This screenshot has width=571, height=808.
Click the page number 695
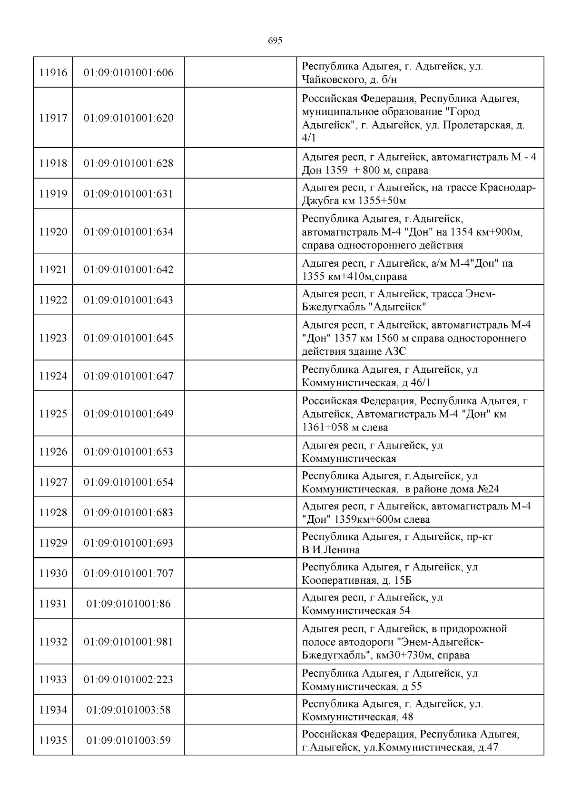coord(275,41)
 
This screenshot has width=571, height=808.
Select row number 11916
coord(53,73)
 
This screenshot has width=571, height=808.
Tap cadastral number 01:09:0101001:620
coord(128,118)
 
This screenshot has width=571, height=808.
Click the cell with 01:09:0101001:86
coord(128,604)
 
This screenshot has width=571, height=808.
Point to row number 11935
coord(53,740)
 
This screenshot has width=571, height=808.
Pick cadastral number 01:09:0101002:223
coord(128,679)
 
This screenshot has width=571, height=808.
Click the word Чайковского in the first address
coord(332,80)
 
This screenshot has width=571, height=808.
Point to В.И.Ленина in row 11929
coord(331,550)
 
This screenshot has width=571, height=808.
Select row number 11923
coord(53,338)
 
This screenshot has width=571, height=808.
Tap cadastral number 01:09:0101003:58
coord(128,710)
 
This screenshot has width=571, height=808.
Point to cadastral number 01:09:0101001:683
coord(128,513)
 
